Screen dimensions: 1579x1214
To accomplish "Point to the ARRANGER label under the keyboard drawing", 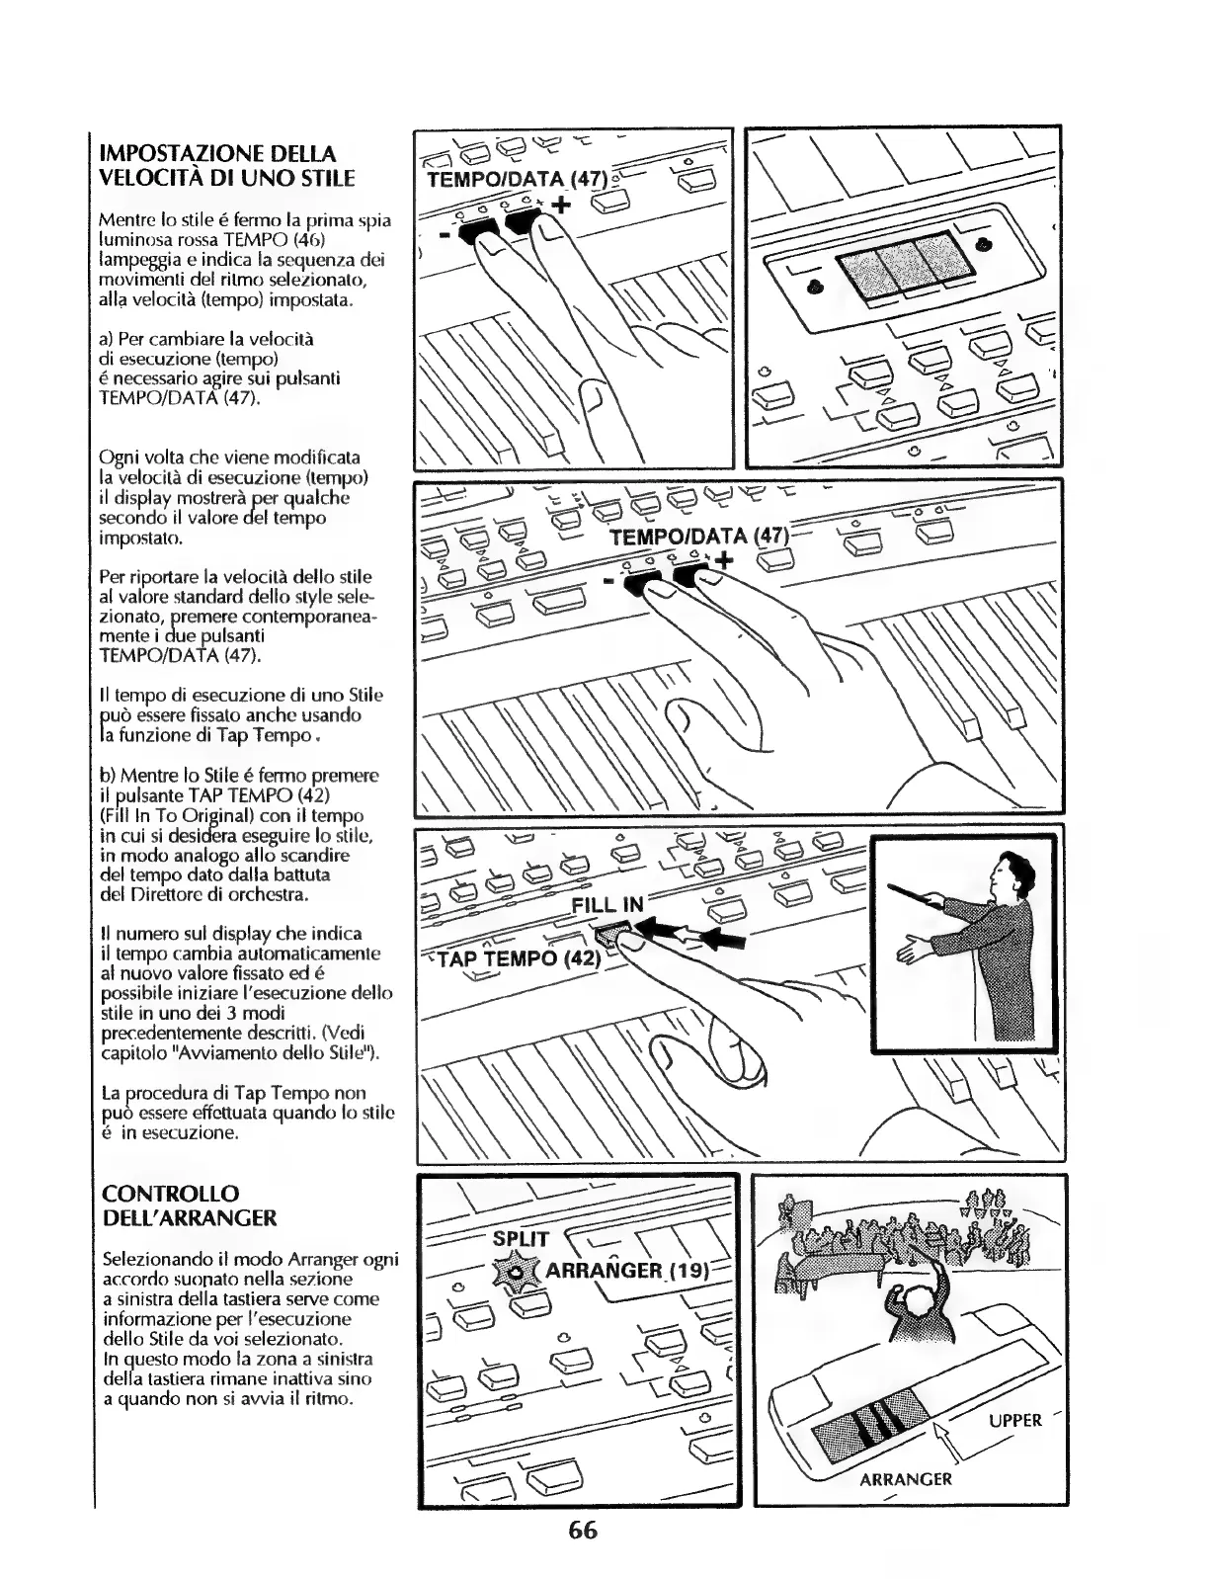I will [905, 1479].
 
